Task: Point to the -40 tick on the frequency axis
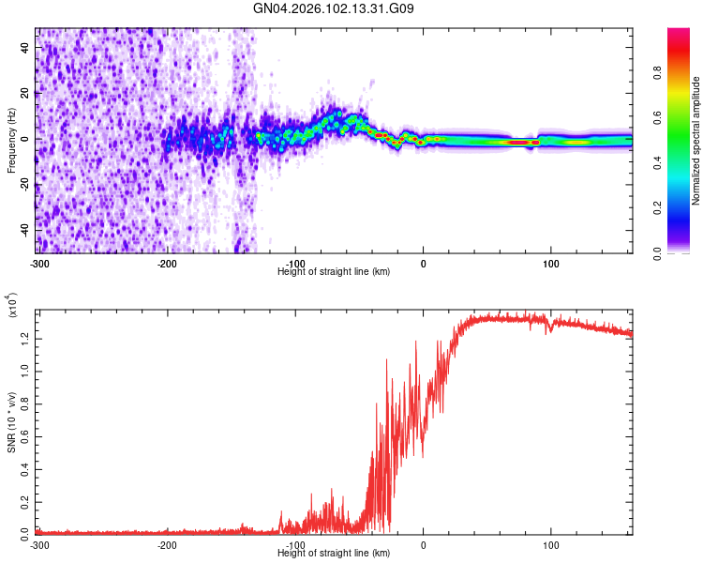(x=25, y=229)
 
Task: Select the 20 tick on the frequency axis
(x=27, y=93)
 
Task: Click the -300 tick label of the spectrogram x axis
(x=38, y=262)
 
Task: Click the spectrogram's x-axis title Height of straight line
(x=334, y=271)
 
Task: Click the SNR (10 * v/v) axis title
(x=11, y=422)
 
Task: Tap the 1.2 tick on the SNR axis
(x=25, y=335)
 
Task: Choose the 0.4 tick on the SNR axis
(x=25, y=467)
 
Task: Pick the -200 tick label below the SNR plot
(x=167, y=545)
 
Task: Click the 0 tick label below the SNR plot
(x=423, y=545)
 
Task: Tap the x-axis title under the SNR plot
(x=334, y=555)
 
